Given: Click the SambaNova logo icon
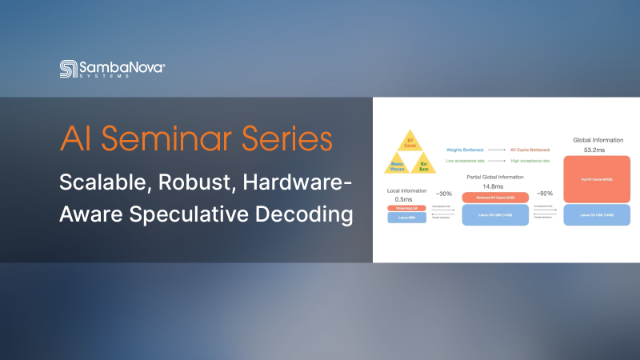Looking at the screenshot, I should pyautogui.click(x=68, y=69).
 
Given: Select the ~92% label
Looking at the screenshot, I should pyautogui.click(x=545, y=193).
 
